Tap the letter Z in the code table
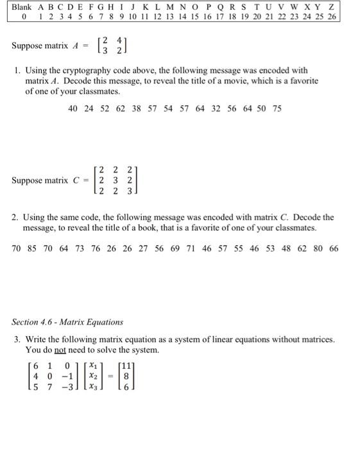[x=331, y=6]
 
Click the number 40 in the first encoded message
[x=73, y=109]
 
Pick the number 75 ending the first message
[x=277, y=109]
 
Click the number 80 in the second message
[x=318, y=249]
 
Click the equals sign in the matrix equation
[x=109, y=377]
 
